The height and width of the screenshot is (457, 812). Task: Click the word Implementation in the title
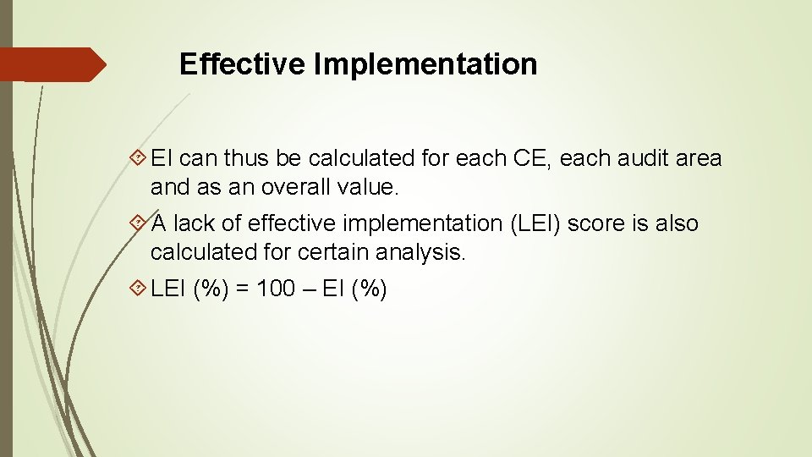click(425, 64)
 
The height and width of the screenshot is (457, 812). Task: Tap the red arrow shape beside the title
click(52, 64)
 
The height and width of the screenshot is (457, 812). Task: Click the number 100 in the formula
click(276, 289)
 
